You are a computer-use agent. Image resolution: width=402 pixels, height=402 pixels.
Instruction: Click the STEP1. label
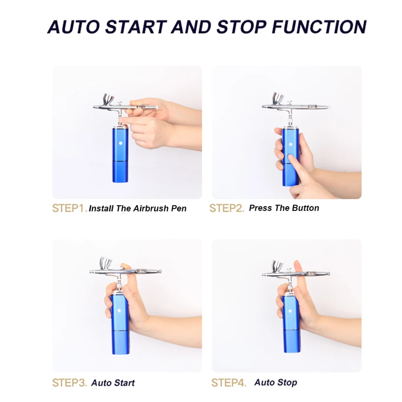tap(69, 208)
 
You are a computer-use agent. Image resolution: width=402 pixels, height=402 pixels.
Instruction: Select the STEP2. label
tap(226, 208)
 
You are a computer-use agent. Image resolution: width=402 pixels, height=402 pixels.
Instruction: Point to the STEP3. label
tap(69, 383)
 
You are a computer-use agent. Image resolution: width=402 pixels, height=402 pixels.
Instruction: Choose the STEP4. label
tap(228, 383)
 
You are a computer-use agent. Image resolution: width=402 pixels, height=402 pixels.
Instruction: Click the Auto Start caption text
tap(113, 383)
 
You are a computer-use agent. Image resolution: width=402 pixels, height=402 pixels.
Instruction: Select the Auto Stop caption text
tap(276, 382)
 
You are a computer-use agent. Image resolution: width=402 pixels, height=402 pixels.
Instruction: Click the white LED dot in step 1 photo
tap(119, 144)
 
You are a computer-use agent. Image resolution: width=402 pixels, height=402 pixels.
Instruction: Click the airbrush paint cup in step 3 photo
tap(107, 263)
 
